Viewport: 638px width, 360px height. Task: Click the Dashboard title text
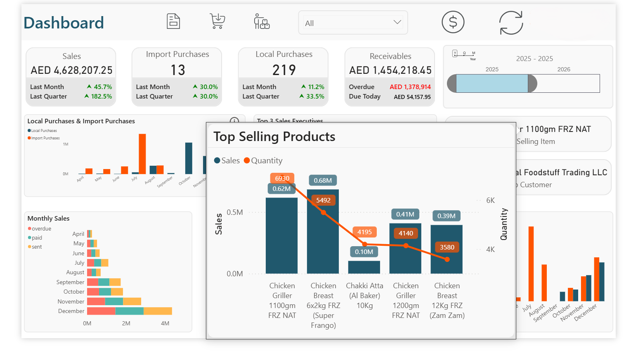pyautogui.click(x=64, y=23)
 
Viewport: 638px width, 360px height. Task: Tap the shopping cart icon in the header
pyautogui.click(x=217, y=21)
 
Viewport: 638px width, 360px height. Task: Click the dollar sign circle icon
pyautogui.click(x=453, y=22)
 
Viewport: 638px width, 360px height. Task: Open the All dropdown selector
pyautogui.click(x=353, y=23)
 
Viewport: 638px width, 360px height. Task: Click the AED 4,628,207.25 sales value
pyautogui.click(x=71, y=71)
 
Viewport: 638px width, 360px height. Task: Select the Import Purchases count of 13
pyautogui.click(x=178, y=70)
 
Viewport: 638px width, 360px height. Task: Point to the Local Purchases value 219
pyautogui.click(x=284, y=70)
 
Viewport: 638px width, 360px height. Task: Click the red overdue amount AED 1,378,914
pyautogui.click(x=410, y=87)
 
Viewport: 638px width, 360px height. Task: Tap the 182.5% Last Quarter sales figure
pyautogui.click(x=101, y=96)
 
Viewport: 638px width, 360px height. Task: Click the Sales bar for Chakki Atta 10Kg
pyautogui.click(x=364, y=267)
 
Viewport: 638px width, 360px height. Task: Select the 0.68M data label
pyautogui.click(x=323, y=180)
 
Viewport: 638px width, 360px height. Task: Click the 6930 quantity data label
pyautogui.click(x=282, y=178)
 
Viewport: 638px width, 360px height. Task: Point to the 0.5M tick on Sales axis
pyautogui.click(x=235, y=212)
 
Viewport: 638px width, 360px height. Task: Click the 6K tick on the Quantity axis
pyautogui.click(x=490, y=200)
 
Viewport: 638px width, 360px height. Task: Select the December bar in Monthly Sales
pyautogui.click(x=129, y=311)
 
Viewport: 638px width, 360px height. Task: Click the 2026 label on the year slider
pyautogui.click(x=564, y=69)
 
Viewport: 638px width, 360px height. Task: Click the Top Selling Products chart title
pyautogui.click(x=274, y=137)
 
